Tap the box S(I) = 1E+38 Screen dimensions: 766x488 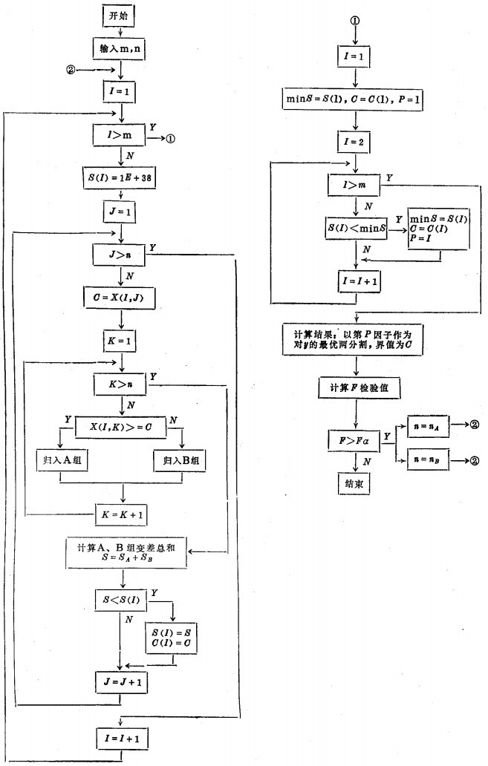point(120,179)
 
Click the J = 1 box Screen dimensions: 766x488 point(120,212)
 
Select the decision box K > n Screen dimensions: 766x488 point(120,384)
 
